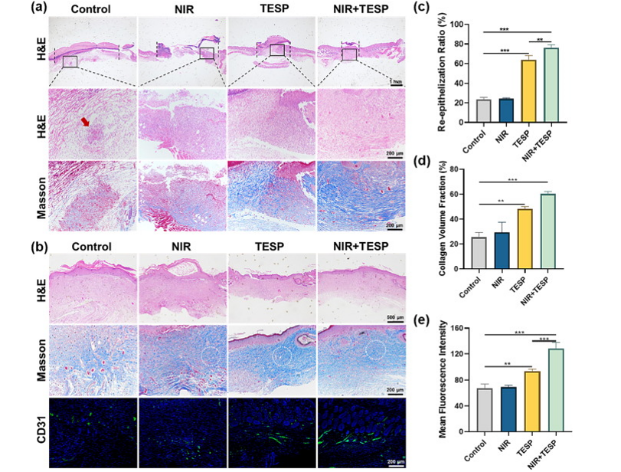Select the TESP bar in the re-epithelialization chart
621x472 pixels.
[x=528, y=91]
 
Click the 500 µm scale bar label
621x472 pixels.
[x=397, y=314]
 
